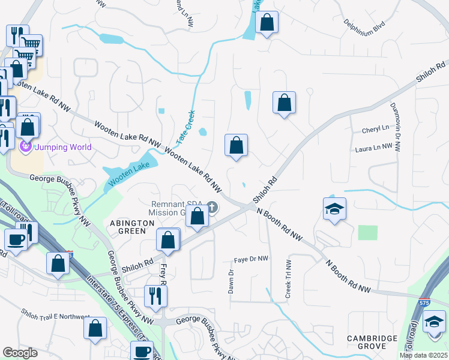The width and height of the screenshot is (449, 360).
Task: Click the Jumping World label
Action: coord(63,147)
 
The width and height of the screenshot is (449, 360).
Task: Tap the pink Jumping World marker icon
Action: coord(26,146)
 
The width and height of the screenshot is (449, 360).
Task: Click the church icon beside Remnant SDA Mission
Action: coord(211,207)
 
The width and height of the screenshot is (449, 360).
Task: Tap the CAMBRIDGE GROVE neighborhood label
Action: coord(372,343)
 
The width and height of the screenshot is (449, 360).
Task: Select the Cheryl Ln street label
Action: coord(375,129)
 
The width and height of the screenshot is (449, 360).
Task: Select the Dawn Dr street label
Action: coord(231,280)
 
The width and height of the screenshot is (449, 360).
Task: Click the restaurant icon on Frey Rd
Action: coord(155,295)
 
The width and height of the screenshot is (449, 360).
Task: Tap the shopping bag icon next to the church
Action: coord(197,216)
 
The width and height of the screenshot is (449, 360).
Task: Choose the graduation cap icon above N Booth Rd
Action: coord(334,208)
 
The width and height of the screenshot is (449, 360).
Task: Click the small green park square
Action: coord(368,233)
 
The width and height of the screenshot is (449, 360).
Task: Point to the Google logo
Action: coord(20,353)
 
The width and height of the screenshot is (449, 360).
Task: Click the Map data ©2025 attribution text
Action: coord(423,355)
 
